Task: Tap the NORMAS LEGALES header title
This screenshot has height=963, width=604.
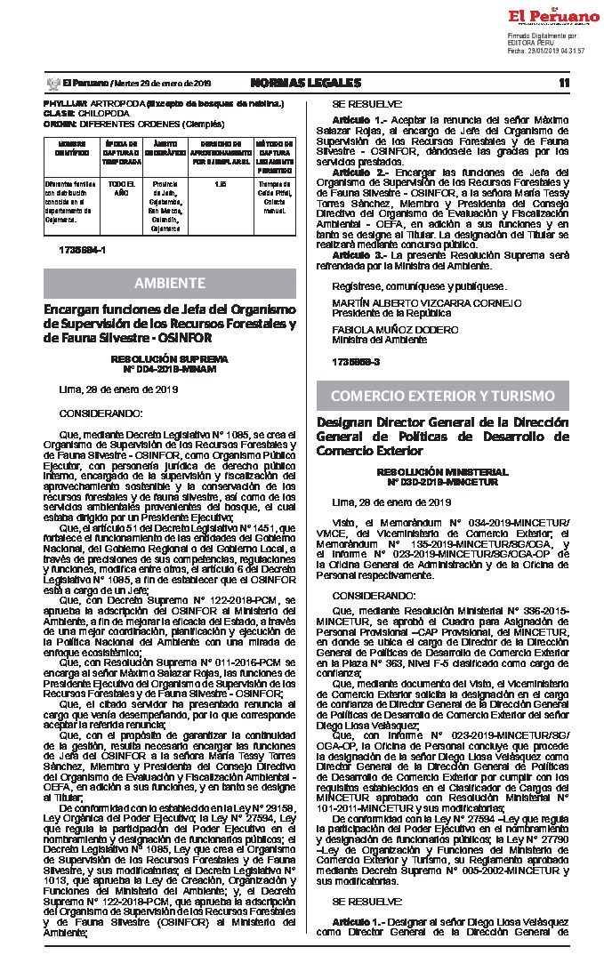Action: pyautogui.click(x=306, y=83)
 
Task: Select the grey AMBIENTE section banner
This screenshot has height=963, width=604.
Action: pyautogui.click(x=170, y=283)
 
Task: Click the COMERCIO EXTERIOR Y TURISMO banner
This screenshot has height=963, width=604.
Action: pyautogui.click(x=442, y=395)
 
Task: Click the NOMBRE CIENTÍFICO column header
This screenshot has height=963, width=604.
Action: pyautogui.click(x=73, y=146)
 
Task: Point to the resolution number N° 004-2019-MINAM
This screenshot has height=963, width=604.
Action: pyautogui.click(x=169, y=367)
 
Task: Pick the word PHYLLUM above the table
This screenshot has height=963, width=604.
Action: pyautogui.click(x=65, y=104)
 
